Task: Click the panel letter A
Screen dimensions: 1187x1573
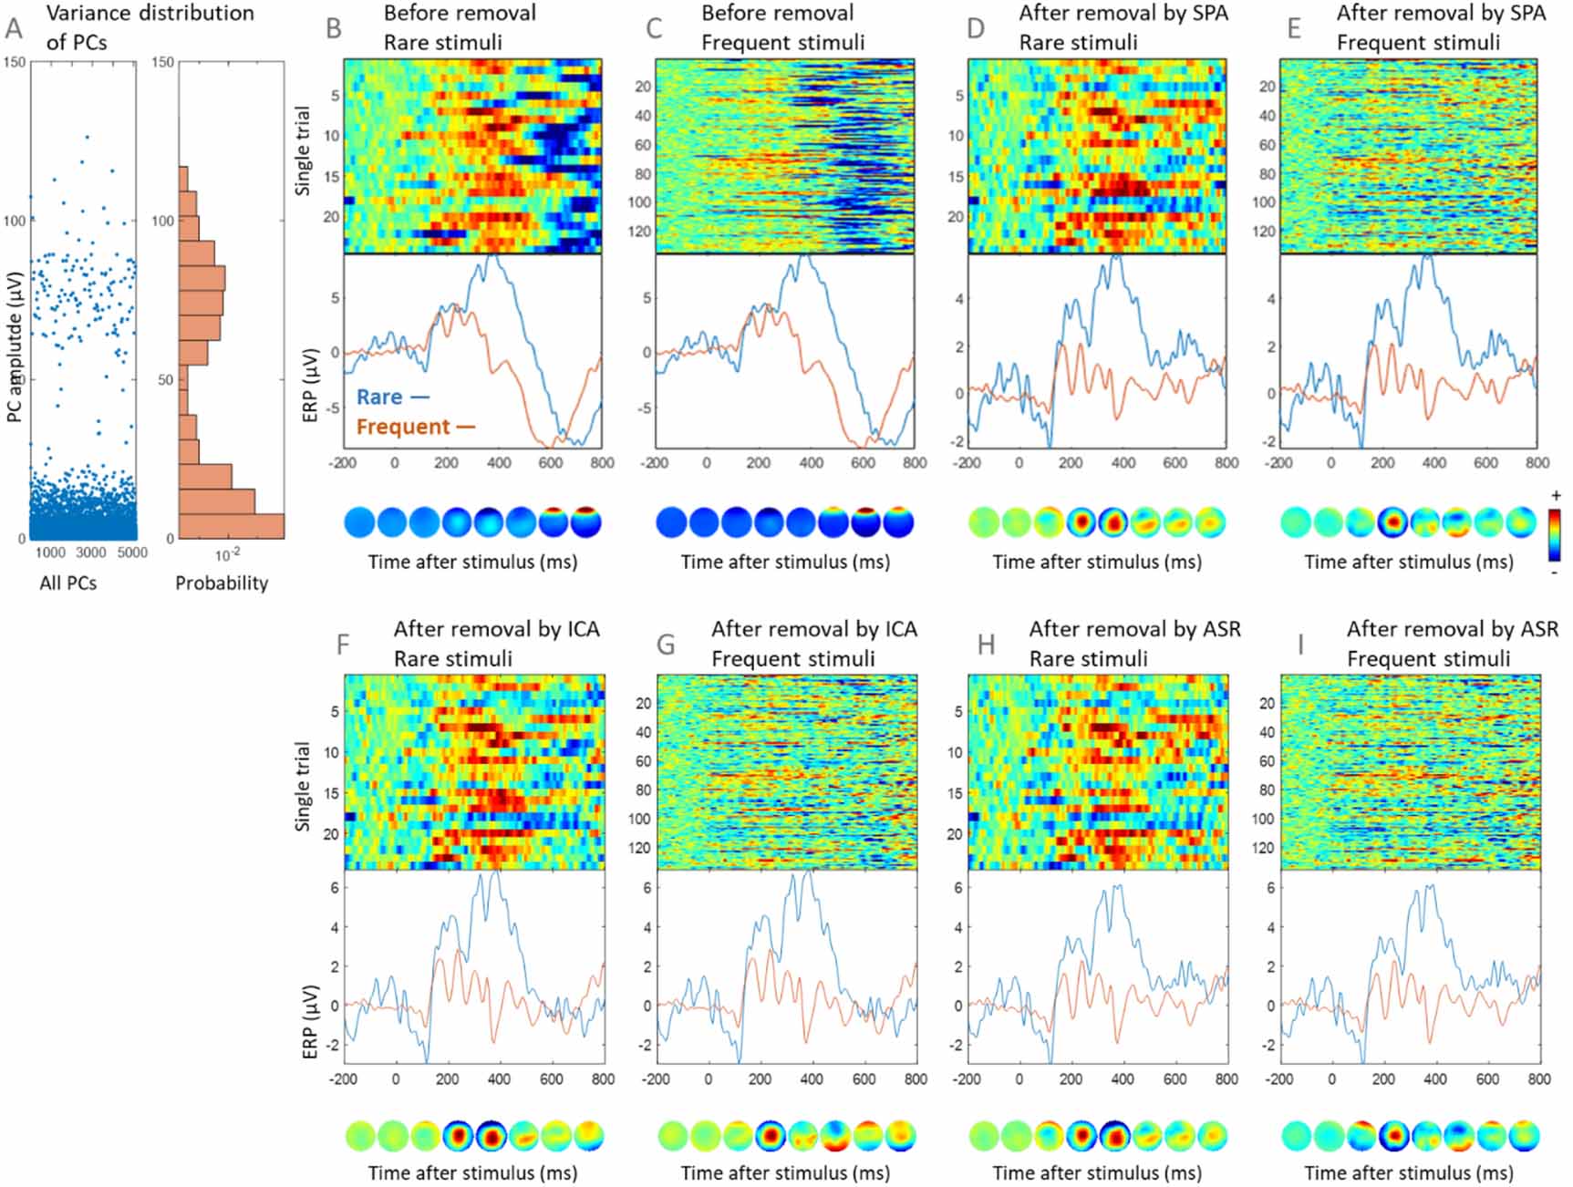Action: coord(14,28)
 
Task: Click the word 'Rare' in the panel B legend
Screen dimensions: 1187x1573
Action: coord(379,397)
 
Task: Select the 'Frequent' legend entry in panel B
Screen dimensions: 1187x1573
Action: coord(403,427)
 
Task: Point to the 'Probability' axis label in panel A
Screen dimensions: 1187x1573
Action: coord(222,583)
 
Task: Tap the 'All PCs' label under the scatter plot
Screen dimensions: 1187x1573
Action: coord(67,583)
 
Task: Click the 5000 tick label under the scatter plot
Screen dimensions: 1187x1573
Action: coord(132,552)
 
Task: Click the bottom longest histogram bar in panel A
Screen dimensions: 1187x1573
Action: coord(232,526)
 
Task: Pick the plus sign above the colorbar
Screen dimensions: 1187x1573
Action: coord(1556,495)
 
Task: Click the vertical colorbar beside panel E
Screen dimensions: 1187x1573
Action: coord(1555,534)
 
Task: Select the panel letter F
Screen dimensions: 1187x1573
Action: coord(343,645)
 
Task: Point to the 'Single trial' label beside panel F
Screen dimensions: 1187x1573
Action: coord(304,786)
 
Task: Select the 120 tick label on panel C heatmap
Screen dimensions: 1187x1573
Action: coord(641,232)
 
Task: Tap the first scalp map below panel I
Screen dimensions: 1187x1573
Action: coord(1296,1136)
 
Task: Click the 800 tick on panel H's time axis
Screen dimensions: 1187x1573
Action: coord(1226,1079)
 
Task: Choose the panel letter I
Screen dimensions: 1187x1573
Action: coord(1300,645)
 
